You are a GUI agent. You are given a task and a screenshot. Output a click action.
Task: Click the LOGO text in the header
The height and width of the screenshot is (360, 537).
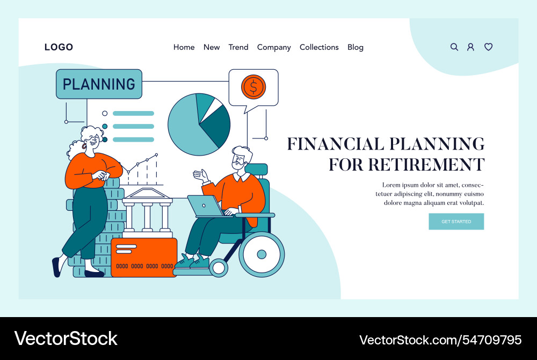coord(59,47)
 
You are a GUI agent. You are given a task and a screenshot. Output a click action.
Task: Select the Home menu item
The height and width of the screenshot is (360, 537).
coord(184,47)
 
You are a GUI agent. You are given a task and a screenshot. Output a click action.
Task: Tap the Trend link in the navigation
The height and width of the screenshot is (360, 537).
coord(238,47)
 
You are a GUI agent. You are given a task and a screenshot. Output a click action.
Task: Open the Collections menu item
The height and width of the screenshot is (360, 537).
coord(319,47)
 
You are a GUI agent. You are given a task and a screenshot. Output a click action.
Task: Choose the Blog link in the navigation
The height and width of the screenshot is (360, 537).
coord(355,47)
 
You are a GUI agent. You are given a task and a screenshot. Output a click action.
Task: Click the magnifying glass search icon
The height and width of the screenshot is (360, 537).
coord(454,47)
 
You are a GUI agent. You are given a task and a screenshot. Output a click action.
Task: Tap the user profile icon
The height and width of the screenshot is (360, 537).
coord(471,47)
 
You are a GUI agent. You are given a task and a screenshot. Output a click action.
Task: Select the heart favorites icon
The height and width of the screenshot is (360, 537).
coord(489,47)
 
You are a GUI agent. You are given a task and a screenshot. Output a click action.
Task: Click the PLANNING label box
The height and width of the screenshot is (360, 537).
coord(99,84)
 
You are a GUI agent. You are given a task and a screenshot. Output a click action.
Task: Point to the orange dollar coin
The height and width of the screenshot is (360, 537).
coord(253,86)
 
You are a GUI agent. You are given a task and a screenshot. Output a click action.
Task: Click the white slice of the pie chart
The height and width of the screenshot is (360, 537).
coord(216,107)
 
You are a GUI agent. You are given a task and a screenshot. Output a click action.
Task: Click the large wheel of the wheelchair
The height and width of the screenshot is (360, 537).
coord(261,254)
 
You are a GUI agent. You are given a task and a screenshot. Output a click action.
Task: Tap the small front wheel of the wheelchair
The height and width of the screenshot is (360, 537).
coord(219,267)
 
